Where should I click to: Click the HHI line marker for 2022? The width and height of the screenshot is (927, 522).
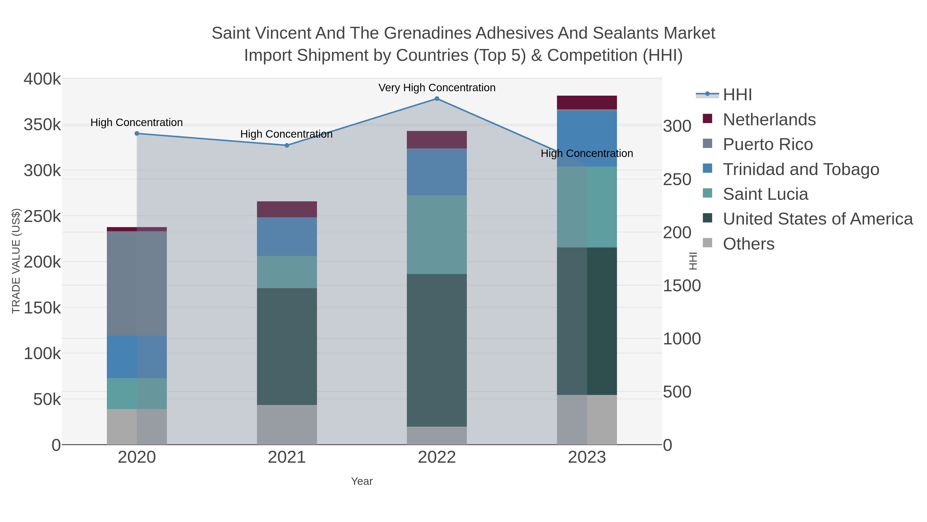[x=437, y=99]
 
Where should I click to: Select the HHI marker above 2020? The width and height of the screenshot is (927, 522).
[x=137, y=134]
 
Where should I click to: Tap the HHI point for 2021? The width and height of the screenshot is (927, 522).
[x=287, y=146]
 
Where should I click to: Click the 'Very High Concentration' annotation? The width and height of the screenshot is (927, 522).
[x=437, y=88]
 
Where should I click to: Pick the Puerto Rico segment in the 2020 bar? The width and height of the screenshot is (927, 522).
[x=137, y=284]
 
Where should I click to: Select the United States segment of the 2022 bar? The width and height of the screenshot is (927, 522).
[x=437, y=350]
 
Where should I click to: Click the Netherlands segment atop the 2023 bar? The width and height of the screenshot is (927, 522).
[x=587, y=102]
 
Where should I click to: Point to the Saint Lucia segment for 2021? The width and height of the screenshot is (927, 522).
[x=287, y=272]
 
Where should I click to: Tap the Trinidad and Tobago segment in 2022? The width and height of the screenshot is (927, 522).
[x=437, y=172]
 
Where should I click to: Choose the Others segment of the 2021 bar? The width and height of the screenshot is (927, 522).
[x=287, y=425]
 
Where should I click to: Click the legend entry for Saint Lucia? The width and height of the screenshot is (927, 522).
[x=766, y=194]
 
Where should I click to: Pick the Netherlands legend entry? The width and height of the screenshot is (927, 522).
[x=769, y=120]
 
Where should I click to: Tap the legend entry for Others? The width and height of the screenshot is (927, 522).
[x=749, y=244]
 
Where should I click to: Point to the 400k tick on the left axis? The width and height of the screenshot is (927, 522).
[x=42, y=79]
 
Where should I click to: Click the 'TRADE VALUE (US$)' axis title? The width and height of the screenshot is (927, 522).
[x=16, y=261]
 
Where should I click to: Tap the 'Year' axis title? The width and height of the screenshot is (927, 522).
[x=362, y=481]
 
